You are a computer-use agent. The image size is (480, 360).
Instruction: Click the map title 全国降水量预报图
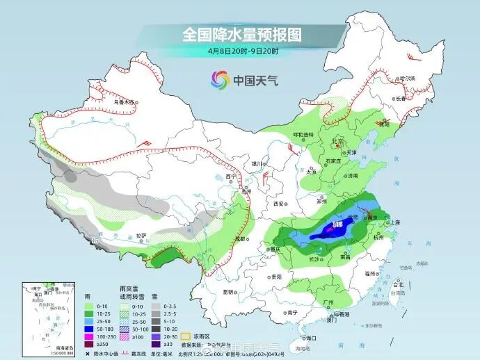click(240, 34)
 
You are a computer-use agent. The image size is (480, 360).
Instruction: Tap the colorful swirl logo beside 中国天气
click(219, 80)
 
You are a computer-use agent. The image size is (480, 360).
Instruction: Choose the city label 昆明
click(228, 292)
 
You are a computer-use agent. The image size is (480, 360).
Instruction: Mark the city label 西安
click(280, 204)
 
